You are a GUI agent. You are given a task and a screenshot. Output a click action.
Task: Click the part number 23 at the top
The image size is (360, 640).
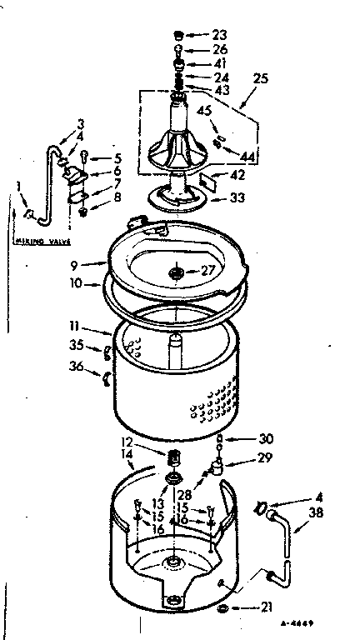pos(219,35)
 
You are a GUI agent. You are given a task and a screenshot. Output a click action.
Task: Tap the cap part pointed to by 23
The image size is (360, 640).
pos(177,35)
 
